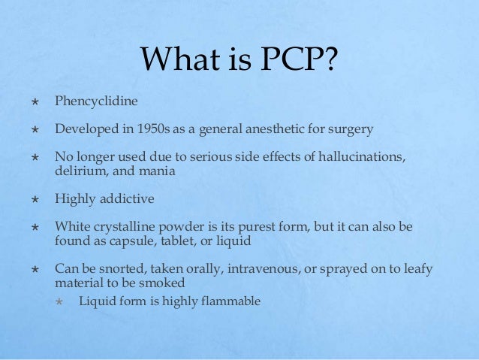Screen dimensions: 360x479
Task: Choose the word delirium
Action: (77, 170)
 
